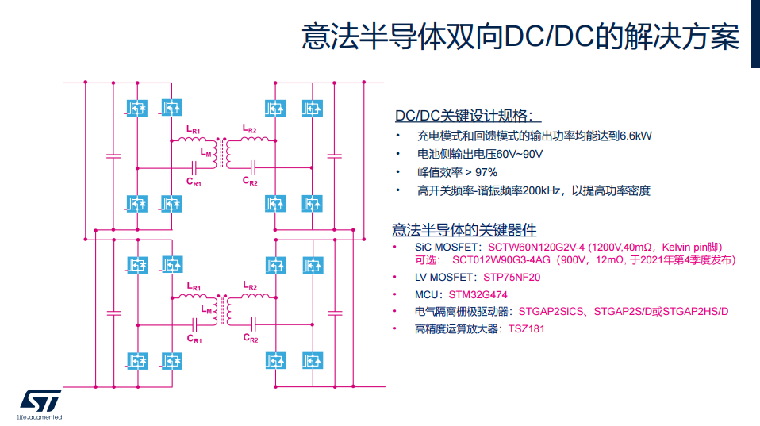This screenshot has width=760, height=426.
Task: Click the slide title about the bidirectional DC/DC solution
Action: (x=520, y=37)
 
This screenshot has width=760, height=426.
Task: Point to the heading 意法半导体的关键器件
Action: (x=464, y=230)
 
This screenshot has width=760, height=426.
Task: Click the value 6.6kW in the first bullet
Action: (x=635, y=136)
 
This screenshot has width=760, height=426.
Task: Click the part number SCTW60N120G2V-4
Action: (x=538, y=248)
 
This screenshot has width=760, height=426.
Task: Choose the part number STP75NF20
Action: (x=512, y=278)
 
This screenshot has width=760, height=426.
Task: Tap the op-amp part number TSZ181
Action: (x=527, y=328)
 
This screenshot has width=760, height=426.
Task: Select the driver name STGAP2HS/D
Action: (x=695, y=311)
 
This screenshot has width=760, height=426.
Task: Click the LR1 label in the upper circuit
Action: (x=194, y=130)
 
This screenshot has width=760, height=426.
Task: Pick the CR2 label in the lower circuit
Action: (x=251, y=338)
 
